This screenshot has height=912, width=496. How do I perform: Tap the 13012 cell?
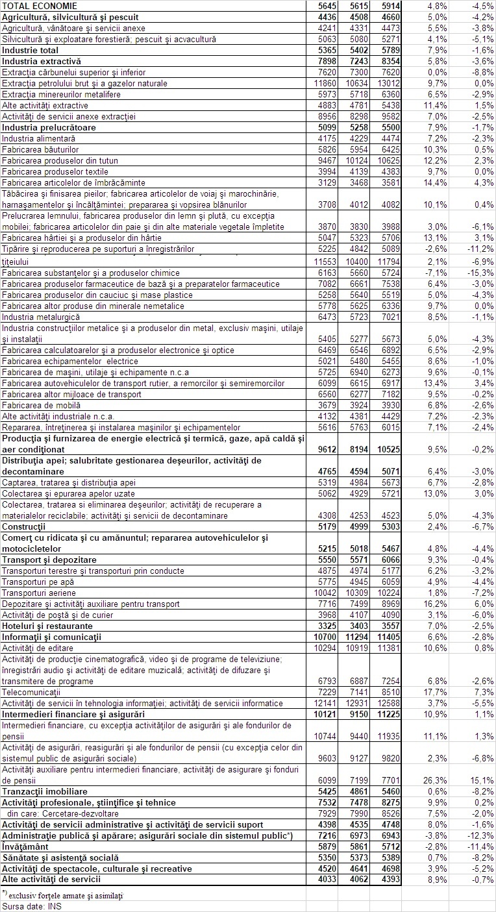[x=387, y=83]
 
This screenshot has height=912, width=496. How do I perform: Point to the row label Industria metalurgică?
[x=41, y=317]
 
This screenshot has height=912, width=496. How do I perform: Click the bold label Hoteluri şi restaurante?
[x=47, y=626]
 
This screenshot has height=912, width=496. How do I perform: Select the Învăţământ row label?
[x=27, y=846]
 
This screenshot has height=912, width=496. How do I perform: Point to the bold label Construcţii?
[x=23, y=526]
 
